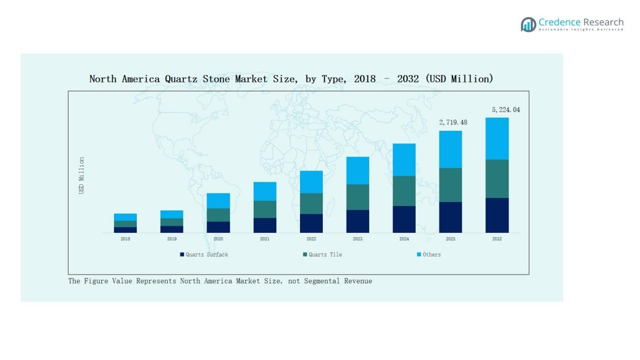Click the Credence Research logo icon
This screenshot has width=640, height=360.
pos(528,24)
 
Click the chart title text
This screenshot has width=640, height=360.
pos(291,79)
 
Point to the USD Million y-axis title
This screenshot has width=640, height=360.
pos(81,175)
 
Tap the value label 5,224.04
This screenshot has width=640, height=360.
pos(506,110)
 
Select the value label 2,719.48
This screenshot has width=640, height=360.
pos(453,122)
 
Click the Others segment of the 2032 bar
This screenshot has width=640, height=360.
pos(497,138)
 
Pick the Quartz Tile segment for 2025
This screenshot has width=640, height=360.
pos(451,185)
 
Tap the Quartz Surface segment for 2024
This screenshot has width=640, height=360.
pos(404,219)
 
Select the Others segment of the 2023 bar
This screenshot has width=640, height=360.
pos(358,170)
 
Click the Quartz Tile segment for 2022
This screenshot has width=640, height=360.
pos(311,203)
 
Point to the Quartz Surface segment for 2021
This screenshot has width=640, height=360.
pos(265,225)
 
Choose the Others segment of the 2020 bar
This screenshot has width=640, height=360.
pos(218,200)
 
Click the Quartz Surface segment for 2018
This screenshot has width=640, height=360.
pos(125,230)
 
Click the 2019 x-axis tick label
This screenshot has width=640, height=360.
pos(172,239)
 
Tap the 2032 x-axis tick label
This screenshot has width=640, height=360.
pos(497,239)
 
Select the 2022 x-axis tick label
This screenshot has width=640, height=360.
pos(311,239)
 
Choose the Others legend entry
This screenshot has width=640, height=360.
pos(431,254)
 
